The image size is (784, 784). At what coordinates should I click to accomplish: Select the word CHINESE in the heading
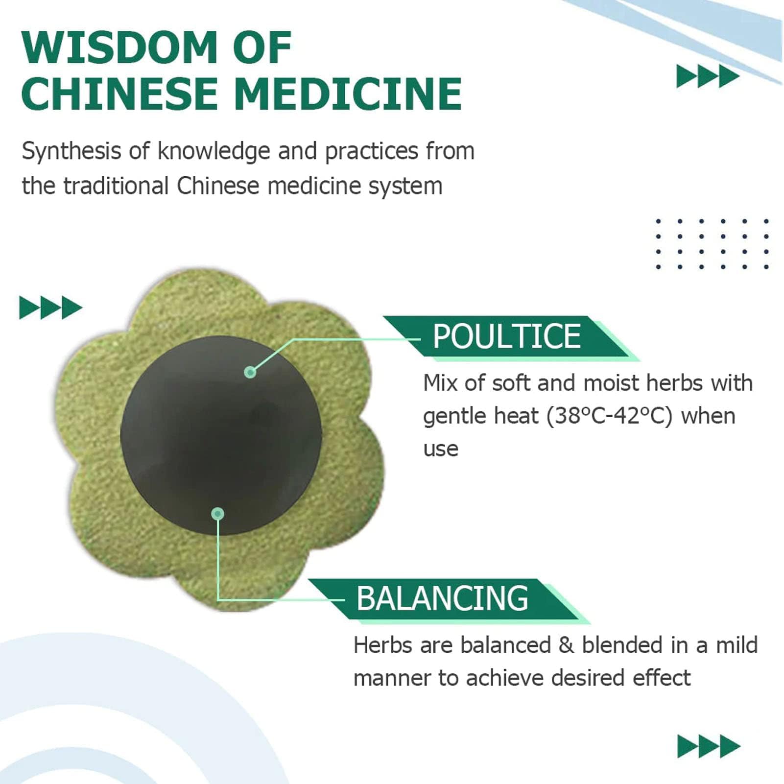point(119,94)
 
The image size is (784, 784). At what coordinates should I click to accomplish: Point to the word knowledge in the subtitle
point(214,151)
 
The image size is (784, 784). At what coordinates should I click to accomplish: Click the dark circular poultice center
point(221,435)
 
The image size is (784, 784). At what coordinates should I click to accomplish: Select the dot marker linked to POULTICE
point(250,372)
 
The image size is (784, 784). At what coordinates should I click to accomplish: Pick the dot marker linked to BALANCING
point(218,514)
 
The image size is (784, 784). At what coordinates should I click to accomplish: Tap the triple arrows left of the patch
point(50,308)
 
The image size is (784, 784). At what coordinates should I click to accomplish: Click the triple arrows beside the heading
point(708,76)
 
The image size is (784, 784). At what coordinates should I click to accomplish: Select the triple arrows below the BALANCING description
point(709,746)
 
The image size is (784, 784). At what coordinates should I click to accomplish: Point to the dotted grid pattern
point(712,244)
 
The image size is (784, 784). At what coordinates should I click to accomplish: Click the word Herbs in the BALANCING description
point(383,645)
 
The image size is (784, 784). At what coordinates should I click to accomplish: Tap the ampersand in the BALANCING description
point(566,645)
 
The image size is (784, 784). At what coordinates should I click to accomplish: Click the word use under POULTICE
point(441,450)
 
